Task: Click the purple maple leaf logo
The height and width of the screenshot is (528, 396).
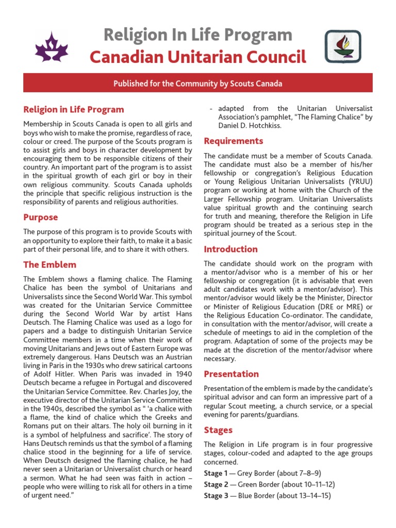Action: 51,46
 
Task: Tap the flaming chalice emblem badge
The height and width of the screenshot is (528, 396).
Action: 342,46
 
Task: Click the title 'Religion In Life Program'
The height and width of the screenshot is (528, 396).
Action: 198,35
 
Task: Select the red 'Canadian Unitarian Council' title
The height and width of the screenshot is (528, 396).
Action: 198,57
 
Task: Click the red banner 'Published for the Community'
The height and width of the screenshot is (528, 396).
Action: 198,83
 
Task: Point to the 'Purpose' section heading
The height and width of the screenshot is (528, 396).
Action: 41,217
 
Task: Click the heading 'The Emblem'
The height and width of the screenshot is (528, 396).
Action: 50,265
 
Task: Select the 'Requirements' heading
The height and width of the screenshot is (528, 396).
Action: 234,141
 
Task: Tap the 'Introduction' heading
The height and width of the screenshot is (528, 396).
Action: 230,249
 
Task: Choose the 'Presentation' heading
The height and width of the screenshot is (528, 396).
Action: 232,374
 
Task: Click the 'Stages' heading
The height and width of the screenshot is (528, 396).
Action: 218,430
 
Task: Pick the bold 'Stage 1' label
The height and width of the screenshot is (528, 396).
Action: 216,473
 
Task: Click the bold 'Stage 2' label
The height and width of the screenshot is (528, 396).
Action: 216,485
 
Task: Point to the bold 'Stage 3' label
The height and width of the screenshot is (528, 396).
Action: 216,496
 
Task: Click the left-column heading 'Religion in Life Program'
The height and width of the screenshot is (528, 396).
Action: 74,109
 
